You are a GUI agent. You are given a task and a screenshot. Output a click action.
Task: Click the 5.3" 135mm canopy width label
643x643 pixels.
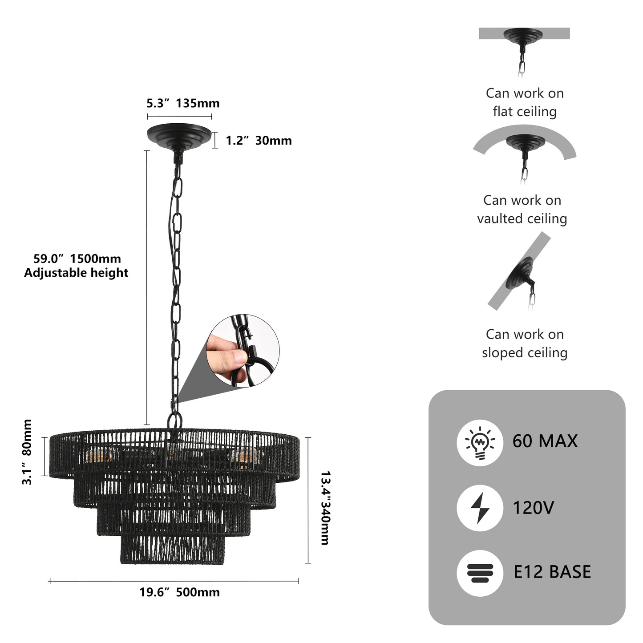coord(183,104)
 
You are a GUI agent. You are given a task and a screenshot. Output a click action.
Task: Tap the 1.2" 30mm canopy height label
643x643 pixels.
coord(258,141)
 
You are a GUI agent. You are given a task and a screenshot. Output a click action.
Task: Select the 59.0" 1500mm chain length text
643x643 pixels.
coord(77,259)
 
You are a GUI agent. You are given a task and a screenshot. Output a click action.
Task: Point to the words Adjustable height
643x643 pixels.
coord(76,273)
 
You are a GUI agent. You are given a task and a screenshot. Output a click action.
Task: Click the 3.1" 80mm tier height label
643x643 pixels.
coord(27,452)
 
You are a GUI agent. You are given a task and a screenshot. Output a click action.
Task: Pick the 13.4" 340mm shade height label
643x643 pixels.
coord(325,508)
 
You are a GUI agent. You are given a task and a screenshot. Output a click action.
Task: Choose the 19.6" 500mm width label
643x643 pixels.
coord(179,592)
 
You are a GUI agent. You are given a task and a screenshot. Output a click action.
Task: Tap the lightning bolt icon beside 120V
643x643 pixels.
coord(479,508)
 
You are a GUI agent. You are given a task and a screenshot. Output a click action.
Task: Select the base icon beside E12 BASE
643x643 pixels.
coord(479,573)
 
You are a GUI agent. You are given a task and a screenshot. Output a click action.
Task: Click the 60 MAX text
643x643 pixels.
coord(545,441)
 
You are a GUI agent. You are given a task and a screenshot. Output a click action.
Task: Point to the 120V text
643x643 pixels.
coord(533,508)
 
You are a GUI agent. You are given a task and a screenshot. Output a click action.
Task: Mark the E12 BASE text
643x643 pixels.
coord(552,572)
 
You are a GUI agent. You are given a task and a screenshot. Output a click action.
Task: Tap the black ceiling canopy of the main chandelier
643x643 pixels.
coord(179,135)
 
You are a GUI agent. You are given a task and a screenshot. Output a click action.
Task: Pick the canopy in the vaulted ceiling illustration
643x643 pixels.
coord(525,143)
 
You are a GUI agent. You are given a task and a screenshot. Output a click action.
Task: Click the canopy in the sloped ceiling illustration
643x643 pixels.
coord(520,272)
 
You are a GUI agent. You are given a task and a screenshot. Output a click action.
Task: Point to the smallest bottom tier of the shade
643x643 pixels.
coord(172,550)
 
